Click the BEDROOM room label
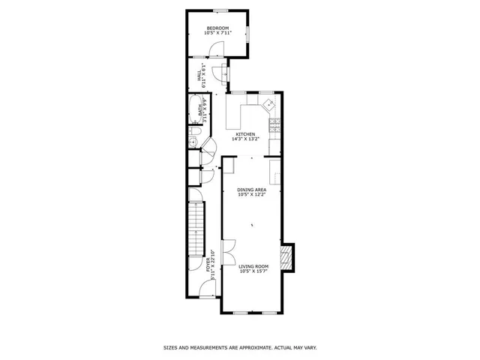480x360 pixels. click(217, 28)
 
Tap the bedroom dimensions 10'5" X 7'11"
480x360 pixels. click(217, 33)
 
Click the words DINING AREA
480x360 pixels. click(252, 190)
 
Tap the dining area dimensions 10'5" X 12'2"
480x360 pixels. click(252, 195)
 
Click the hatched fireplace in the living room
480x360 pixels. click(285, 258)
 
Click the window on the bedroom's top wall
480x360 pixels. click(220, 10)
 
